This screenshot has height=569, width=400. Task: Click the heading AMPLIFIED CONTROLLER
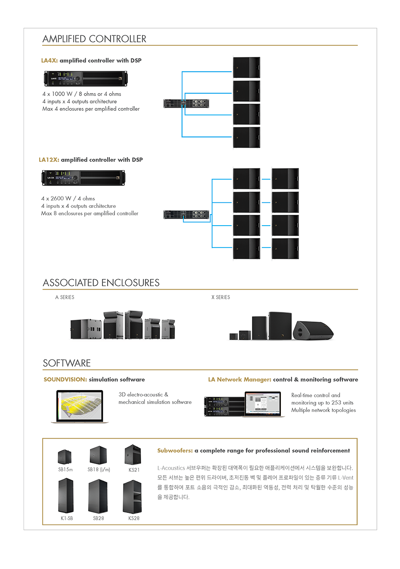(94, 39)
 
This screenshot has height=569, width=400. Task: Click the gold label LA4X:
(49, 61)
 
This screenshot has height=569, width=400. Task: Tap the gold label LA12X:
(49, 160)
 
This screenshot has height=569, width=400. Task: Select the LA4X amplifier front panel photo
(85, 79)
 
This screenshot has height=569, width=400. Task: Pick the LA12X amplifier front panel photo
(83, 178)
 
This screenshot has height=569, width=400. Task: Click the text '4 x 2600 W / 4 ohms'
(68, 199)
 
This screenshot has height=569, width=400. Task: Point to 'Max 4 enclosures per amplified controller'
(91, 109)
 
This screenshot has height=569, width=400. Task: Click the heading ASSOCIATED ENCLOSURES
(101, 283)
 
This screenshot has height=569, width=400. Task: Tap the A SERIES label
(64, 297)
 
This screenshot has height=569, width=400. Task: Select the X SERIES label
(221, 297)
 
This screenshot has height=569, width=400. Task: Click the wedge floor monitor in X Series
(313, 330)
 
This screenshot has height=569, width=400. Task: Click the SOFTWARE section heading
(67, 363)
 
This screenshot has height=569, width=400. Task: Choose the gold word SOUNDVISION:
(65, 380)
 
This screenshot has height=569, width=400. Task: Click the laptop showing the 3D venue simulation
(80, 407)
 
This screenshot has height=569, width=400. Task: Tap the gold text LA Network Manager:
(240, 380)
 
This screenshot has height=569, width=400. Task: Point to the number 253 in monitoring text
(336, 403)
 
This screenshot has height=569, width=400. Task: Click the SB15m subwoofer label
(65, 470)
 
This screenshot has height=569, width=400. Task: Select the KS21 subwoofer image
(133, 455)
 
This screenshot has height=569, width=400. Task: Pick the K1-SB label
(67, 518)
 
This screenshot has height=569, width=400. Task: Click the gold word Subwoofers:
(175, 451)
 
